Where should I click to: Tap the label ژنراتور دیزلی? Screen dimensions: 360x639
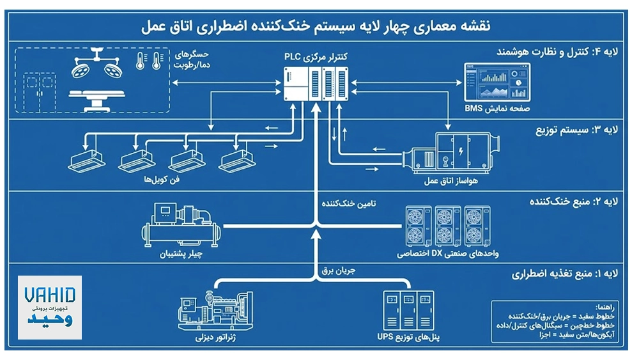point(217,337)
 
